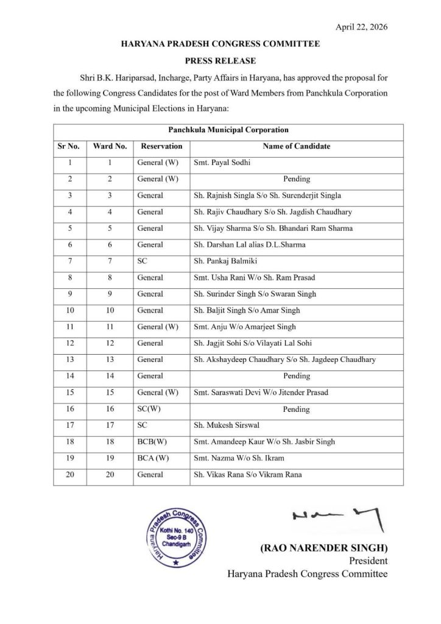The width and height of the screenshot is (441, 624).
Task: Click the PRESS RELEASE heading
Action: (x=220, y=61)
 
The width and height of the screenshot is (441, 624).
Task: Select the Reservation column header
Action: (x=161, y=146)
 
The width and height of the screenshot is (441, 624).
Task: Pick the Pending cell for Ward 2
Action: (x=297, y=179)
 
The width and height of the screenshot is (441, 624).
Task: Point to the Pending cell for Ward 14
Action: (x=297, y=377)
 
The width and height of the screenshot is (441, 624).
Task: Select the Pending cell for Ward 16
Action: (x=297, y=409)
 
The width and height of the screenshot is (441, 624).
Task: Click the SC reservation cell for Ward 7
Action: (x=143, y=261)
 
